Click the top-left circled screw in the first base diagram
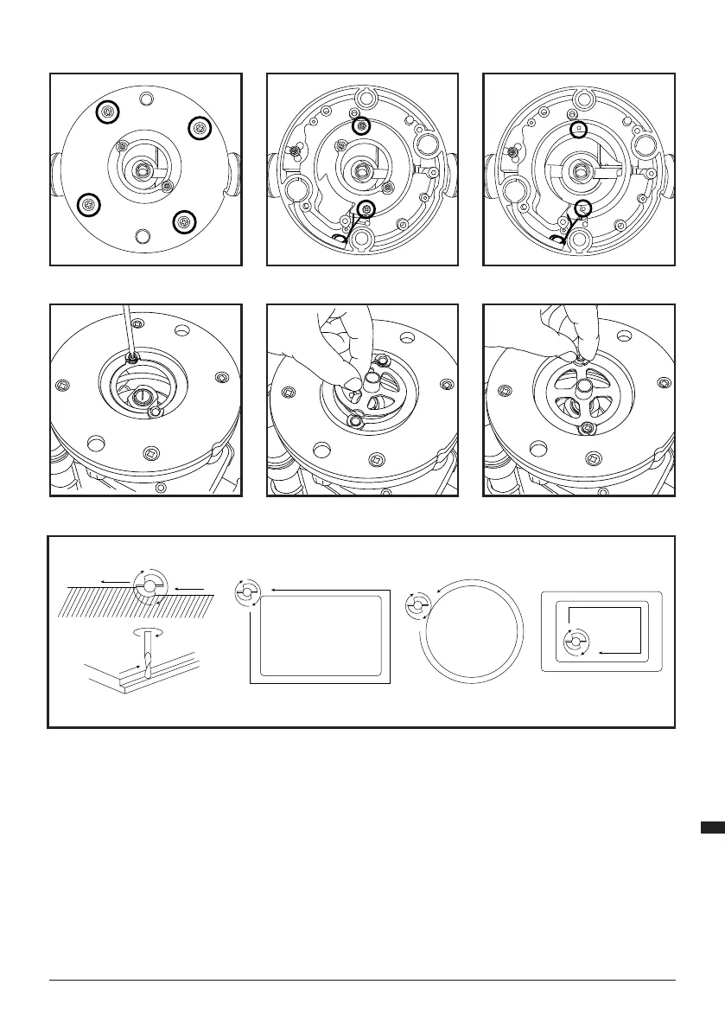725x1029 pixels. coord(107,112)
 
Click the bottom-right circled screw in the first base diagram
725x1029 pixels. coord(182,222)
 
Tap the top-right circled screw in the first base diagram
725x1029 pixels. coord(200,128)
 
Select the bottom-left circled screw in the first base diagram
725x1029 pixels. coord(87,205)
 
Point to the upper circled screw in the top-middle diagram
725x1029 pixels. coord(363,127)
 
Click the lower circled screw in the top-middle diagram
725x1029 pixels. coord(368,209)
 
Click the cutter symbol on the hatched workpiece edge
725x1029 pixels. coord(149,586)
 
